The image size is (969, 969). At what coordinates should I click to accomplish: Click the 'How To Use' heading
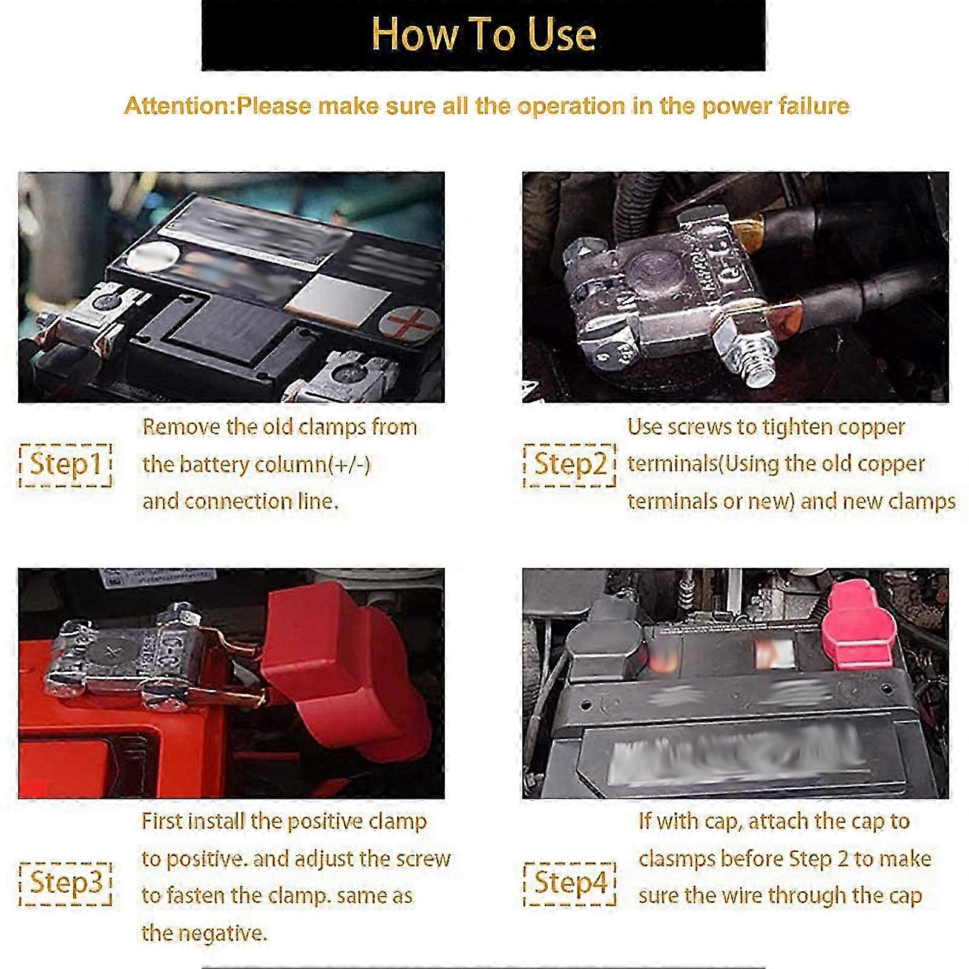tap(483, 34)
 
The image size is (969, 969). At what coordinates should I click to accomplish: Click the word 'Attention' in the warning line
tap(178, 106)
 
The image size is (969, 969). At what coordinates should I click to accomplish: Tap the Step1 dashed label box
tap(65, 464)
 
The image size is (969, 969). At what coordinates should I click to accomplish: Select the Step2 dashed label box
tap(570, 464)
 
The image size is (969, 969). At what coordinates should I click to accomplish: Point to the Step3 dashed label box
tap(65, 883)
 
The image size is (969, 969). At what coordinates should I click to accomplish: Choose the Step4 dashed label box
tap(570, 883)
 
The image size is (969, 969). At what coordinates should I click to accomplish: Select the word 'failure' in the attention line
tap(813, 106)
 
